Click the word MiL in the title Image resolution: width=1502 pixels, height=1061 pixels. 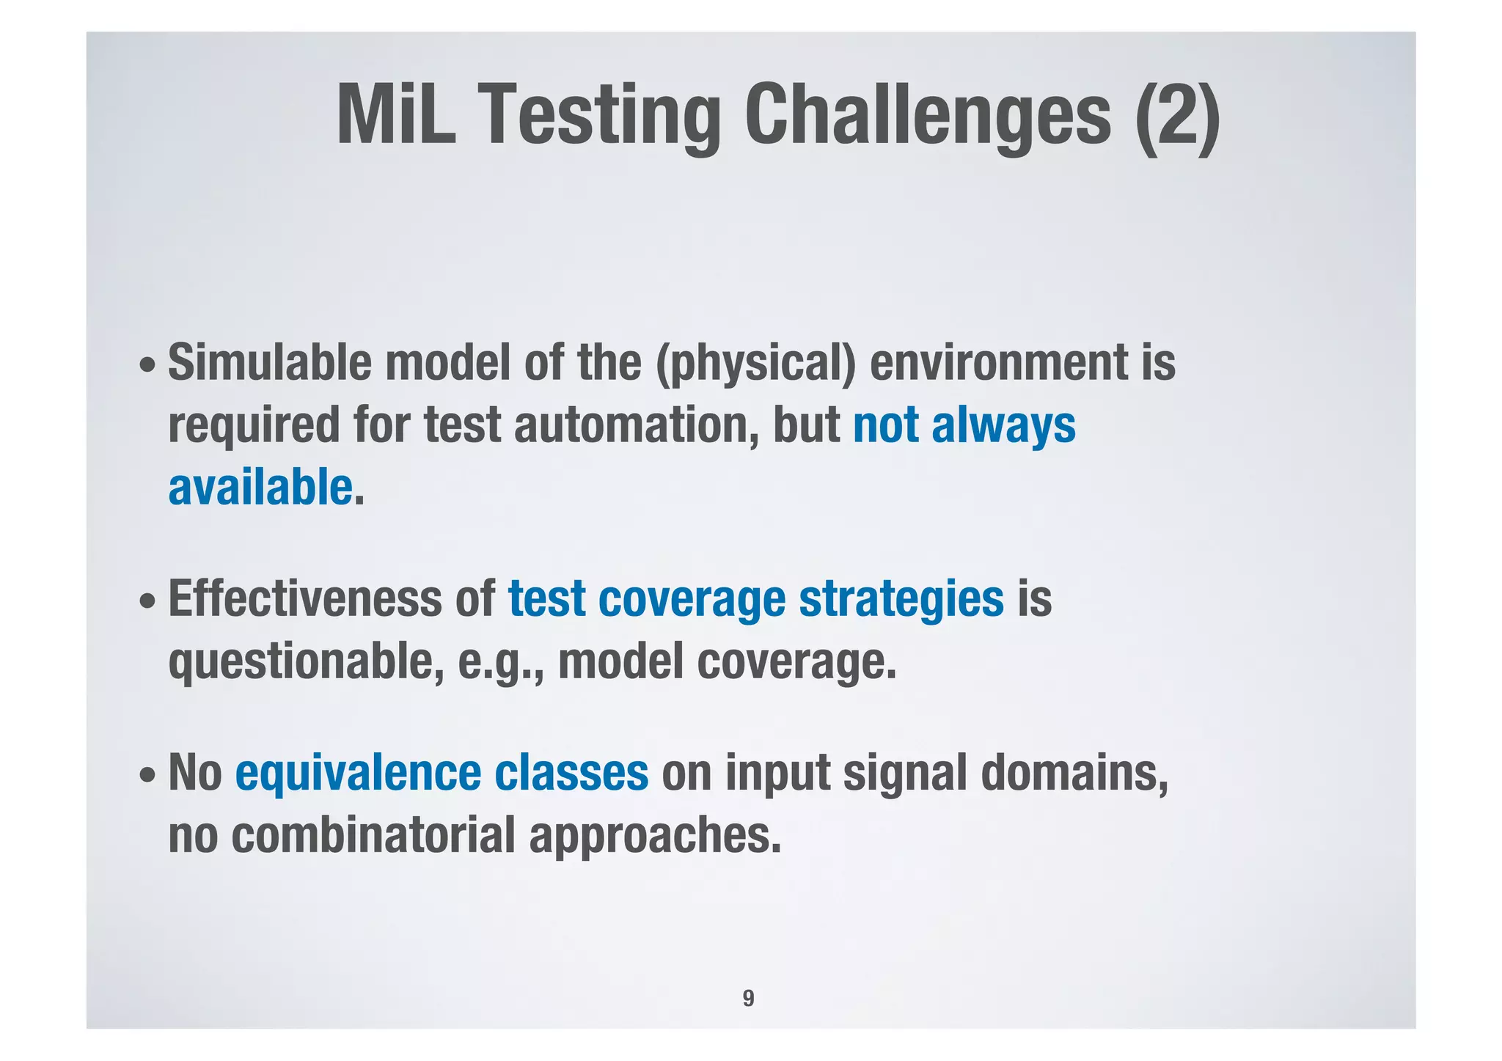tap(396, 115)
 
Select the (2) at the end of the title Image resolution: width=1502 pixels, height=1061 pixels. tap(1176, 115)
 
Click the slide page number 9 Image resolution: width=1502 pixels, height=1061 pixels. tap(748, 998)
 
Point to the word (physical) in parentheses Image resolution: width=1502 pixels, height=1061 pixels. tap(755, 364)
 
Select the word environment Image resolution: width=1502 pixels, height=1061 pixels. tap(998, 362)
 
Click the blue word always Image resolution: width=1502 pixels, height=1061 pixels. tap(1003, 425)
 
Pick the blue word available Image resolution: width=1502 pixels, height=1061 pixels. tap(260, 488)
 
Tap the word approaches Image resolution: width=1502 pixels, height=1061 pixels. tap(655, 837)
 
